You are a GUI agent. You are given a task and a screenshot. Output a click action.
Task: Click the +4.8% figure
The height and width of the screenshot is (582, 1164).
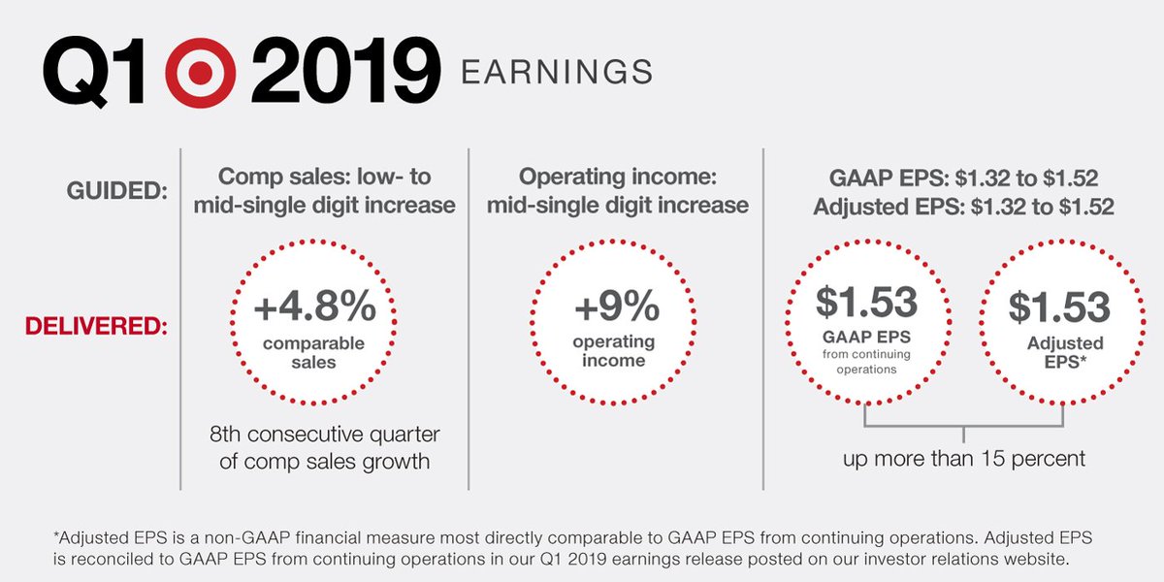(x=314, y=307)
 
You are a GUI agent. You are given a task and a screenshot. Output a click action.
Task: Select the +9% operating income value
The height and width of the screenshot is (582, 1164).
(x=616, y=307)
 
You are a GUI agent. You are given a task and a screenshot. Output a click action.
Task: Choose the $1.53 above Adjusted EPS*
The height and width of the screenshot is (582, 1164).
(x=1059, y=307)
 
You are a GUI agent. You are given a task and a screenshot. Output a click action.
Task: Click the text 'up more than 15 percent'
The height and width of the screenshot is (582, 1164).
(x=964, y=458)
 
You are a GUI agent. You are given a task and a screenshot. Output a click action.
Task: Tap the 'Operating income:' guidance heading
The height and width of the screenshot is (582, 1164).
(x=615, y=178)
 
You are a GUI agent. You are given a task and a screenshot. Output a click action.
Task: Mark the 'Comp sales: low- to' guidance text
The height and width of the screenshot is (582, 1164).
(x=324, y=178)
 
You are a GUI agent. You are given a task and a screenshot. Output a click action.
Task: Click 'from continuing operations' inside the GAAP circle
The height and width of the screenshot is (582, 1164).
(x=865, y=362)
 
